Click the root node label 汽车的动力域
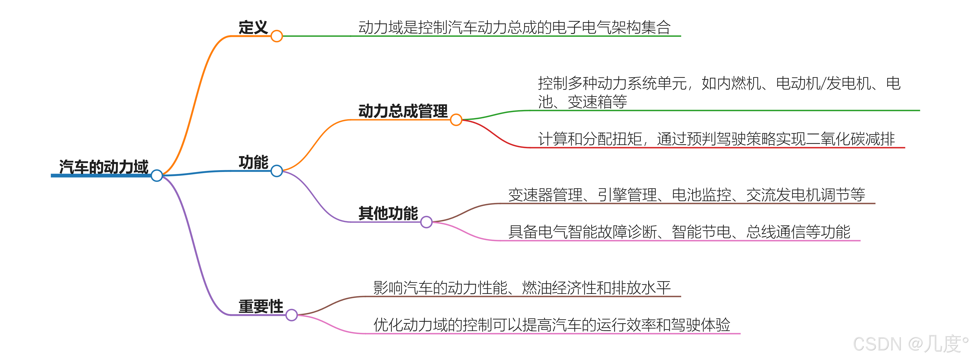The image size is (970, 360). coord(104,167)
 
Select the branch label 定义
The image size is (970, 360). coord(253,27)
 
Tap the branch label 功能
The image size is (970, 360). coord(253,162)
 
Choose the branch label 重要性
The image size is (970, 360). coord(261,306)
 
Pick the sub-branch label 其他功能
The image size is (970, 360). coord(388,213)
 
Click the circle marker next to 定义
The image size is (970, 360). coord(277,36)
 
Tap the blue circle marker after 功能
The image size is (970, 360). coord(277,171)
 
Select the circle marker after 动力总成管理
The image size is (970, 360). coord(456,120)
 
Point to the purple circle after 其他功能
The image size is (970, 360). coord(426,222)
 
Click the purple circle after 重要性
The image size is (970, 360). coord(291,315)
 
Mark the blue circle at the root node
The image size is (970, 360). coord(157,176)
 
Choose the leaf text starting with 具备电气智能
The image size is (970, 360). coord(679,231)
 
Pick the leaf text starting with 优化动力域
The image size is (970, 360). coord(552,325)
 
